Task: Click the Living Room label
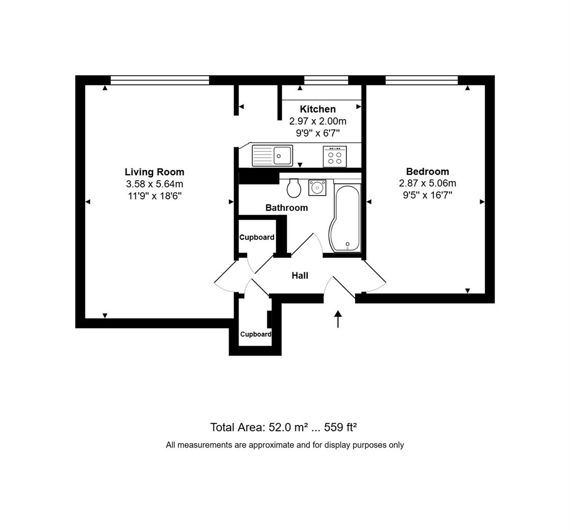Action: tap(155, 172)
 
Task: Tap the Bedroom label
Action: tap(427, 171)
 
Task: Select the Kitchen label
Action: tap(318, 109)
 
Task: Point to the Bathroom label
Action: tap(286, 208)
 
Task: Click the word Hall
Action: tap(300, 276)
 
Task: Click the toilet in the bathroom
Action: tap(294, 187)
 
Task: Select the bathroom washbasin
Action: tap(317, 187)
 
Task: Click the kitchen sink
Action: tap(272, 156)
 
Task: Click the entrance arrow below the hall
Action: tap(338, 318)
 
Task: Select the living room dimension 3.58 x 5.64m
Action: tap(155, 184)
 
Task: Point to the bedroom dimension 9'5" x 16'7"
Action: tap(427, 195)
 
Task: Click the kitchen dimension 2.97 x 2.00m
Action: tap(318, 121)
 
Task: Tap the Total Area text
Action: tap(284, 427)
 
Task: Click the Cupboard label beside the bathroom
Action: tap(257, 238)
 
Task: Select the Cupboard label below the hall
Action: tap(256, 334)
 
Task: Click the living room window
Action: tap(160, 80)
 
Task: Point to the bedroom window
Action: tap(421, 80)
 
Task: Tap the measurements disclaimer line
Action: tap(285, 445)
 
